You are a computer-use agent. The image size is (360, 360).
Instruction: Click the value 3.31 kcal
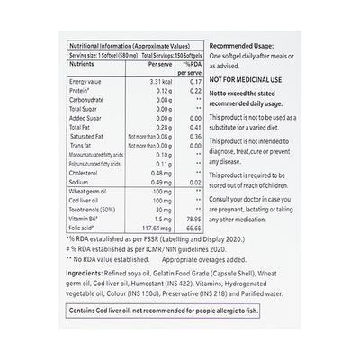point(157,81)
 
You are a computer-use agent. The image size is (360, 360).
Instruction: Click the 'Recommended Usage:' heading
point(247,44)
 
